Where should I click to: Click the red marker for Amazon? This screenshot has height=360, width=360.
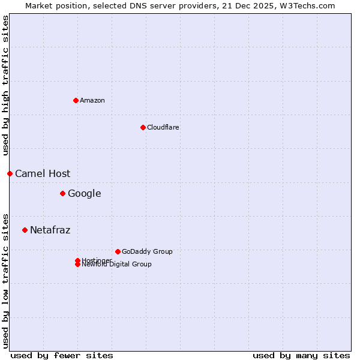76,100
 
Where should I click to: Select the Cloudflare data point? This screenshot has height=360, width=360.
143,127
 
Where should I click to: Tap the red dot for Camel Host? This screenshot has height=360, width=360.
10,173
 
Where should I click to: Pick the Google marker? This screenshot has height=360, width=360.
62,193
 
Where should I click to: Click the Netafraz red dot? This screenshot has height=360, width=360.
25,230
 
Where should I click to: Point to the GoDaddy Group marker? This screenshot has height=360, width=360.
118,251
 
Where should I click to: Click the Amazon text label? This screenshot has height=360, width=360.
92,100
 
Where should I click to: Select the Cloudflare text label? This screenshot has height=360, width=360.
163,127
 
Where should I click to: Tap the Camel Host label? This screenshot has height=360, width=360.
43,173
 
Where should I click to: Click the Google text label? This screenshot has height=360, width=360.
84,193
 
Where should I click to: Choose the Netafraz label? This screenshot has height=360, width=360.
50,230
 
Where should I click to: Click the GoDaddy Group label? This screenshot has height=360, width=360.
147,251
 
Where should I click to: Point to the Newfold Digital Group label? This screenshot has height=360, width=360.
117,265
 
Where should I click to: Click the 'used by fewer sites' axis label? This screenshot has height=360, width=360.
62,355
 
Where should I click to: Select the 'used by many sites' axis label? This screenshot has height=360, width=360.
301,355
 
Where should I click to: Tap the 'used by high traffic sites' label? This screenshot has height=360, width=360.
5,85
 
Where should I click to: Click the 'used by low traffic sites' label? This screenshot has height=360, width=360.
5,280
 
